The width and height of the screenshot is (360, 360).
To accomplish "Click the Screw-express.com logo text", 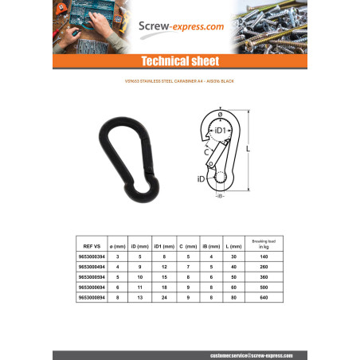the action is [x=180, y=28].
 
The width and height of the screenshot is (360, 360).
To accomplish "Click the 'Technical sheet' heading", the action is [x=179, y=61].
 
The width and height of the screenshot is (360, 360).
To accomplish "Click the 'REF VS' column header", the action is [x=91, y=247].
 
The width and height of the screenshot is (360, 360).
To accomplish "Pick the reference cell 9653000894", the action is [x=91, y=296].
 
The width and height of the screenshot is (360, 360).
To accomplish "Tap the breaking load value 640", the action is [x=263, y=296].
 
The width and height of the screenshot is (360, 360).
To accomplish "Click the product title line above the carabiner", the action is [x=179, y=82].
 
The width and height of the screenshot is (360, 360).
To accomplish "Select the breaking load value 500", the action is [x=263, y=287].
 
